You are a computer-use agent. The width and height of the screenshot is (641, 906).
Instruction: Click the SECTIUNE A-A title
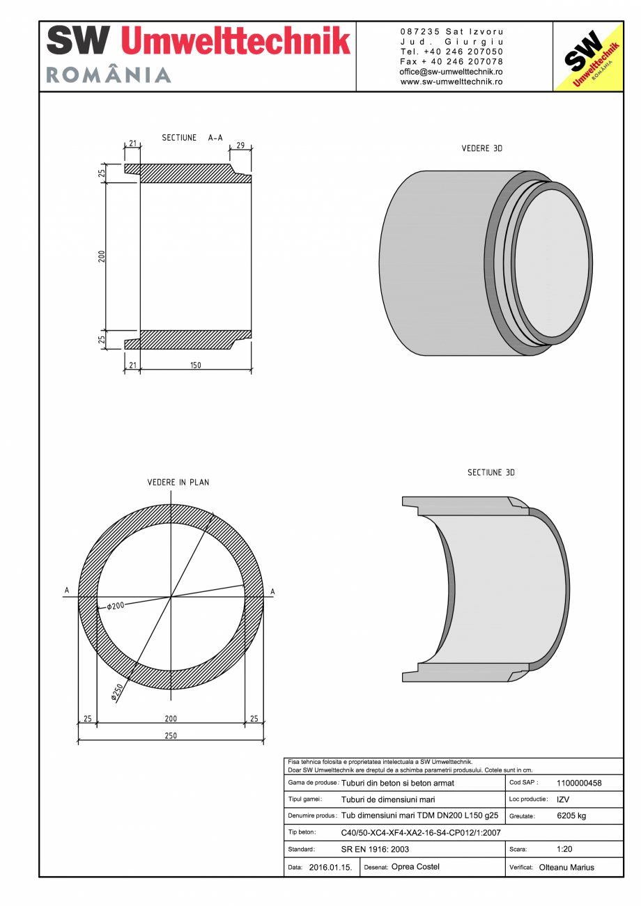click(192, 138)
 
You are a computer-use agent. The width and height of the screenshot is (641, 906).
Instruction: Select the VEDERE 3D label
click(482, 149)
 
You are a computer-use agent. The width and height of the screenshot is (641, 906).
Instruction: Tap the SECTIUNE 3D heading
click(491, 473)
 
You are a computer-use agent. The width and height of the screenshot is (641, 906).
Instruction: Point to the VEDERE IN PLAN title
click(178, 482)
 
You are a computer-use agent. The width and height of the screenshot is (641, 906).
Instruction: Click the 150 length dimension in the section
click(196, 366)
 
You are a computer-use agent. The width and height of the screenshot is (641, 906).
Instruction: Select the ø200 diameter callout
click(115, 606)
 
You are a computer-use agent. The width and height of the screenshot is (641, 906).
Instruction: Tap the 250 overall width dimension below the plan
click(171, 735)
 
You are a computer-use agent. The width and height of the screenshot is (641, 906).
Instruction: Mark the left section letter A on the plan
click(67, 591)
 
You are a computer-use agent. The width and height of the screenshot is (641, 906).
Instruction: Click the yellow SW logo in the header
click(587, 56)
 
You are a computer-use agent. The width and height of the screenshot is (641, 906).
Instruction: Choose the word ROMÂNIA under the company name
click(109, 75)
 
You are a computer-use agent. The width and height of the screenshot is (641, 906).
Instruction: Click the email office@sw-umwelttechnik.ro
click(451, 72)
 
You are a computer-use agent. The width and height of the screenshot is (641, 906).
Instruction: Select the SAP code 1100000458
click(579, 783)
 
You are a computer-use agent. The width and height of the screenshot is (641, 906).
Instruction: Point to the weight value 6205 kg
click(571, 815)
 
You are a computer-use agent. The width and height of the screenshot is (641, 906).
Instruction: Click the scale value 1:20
click(564, 850)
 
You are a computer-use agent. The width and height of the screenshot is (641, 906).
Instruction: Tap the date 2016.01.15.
click(330, 868)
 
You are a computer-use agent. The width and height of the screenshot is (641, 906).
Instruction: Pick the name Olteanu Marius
click(566, 868)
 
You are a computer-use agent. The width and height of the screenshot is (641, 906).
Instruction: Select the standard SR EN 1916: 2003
click(375, 850)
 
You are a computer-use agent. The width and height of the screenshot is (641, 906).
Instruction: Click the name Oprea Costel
click(416, 867)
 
